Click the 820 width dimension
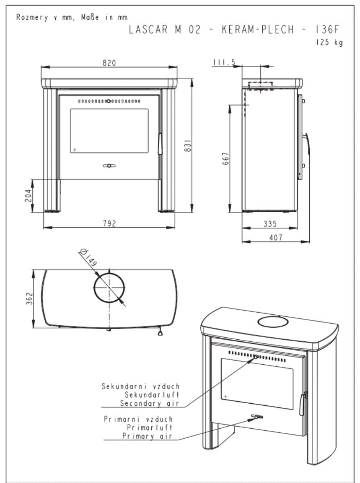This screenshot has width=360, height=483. [x=109, y=63]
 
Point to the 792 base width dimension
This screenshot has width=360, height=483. [x=109, y=224]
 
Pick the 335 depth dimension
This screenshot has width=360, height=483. [x=270, y=224]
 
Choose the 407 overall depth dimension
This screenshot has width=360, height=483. [x=276, y=238]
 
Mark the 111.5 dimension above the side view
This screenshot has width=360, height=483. [x=224, y=62]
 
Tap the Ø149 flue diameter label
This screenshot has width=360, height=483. [x=89, y=258]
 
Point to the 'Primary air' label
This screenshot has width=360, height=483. [x=147, y=436]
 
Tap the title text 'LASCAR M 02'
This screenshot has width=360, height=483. [x=164, y=30]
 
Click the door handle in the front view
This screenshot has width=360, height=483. [x=160, y=144]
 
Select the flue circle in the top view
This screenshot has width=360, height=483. [x=109, y=288]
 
